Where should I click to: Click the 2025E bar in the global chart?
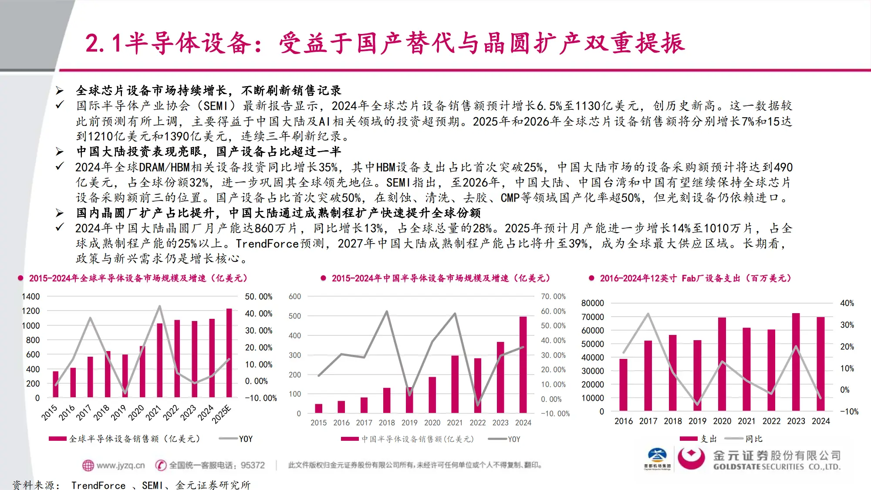tap(229, 353)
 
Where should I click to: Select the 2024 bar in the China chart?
tap(523, 365)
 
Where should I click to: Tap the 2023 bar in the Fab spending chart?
tap(796, 362)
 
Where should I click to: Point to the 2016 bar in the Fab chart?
tap(624, 385)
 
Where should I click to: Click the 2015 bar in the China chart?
tap(319, 408)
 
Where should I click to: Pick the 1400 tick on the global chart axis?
tap(30, 297)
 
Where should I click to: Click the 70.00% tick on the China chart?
tap(553, 297)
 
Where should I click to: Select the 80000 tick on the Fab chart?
tap(592, 303)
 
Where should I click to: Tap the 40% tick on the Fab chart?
tap(847, 303)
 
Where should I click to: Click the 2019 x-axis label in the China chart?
tap(409, 422)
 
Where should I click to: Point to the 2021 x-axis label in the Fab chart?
tap(746, 421)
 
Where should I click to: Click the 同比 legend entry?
tap(753, 439)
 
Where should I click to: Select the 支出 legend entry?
tap(709, 439)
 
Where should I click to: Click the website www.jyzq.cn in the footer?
tap(120, 465)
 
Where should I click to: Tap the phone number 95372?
tap(253, 465)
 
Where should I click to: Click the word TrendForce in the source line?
tap(98, 485)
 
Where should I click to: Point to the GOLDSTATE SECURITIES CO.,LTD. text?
tap(776, 467)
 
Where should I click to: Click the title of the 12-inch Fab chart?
tap(695, 278)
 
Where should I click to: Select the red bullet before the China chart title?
tap(323, 278)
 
